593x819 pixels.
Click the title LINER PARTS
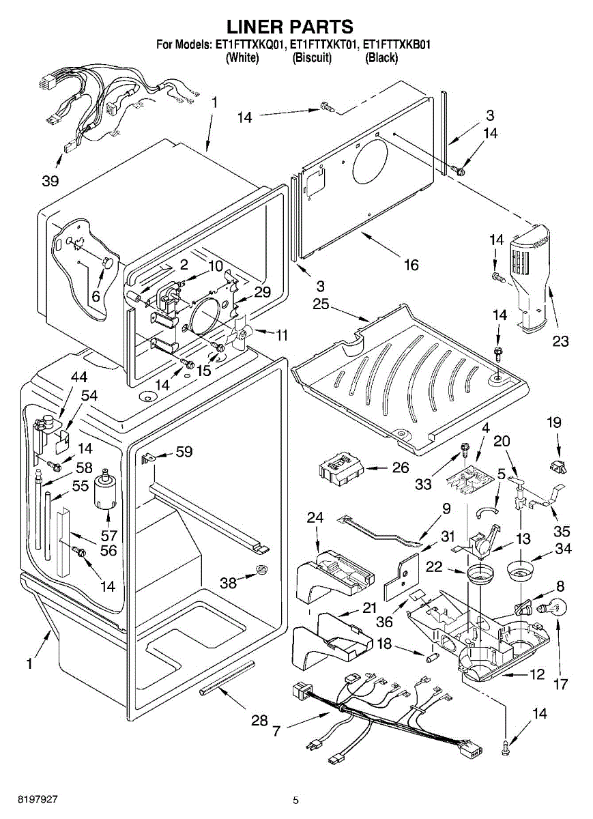point(289,27)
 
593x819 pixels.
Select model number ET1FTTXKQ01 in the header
point(250,45)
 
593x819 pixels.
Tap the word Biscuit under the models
point(312,58)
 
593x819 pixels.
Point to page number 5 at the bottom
point(295,800)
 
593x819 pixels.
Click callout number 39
point(50,181)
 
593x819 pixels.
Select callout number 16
point(411,265)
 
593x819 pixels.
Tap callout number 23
point(560,341)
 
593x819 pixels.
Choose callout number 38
point(229,582)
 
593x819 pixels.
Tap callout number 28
point(259,720)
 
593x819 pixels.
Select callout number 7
point(276,731)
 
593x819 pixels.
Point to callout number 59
point(184,451)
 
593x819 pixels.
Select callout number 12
point(537,674)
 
